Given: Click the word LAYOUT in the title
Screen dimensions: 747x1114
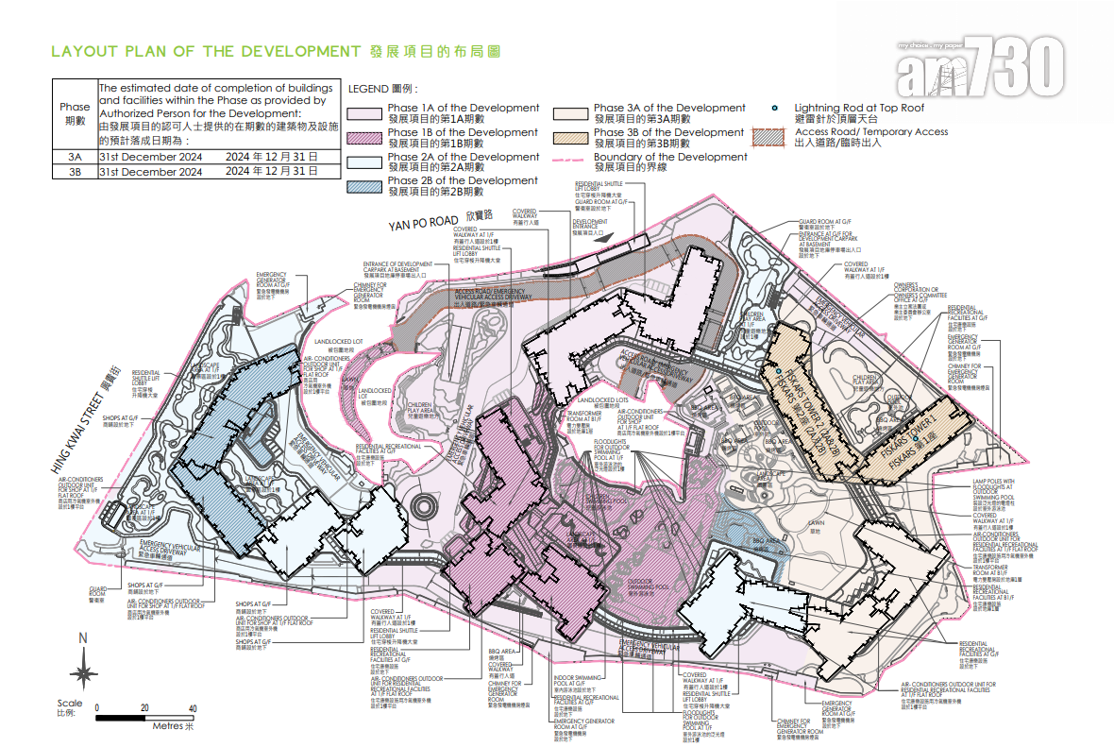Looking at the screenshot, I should point(81,51).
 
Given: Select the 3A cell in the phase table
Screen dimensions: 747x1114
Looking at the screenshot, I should point(75,156).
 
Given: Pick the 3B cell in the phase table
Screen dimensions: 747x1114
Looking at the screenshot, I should point(75,172).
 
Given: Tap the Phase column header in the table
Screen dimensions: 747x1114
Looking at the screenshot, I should point(75,113).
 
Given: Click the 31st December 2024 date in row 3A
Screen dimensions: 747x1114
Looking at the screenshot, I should point(151,156).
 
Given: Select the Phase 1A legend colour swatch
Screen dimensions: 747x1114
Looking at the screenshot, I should point(367,114).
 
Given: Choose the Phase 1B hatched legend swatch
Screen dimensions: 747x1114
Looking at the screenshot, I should point(367,139).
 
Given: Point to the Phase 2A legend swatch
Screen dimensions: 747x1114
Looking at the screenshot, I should point(367,162).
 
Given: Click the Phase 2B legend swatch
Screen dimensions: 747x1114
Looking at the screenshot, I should point(367,186).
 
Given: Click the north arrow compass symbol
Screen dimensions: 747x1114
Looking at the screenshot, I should point(83,671).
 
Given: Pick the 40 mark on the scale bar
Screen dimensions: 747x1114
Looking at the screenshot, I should point(193,707).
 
